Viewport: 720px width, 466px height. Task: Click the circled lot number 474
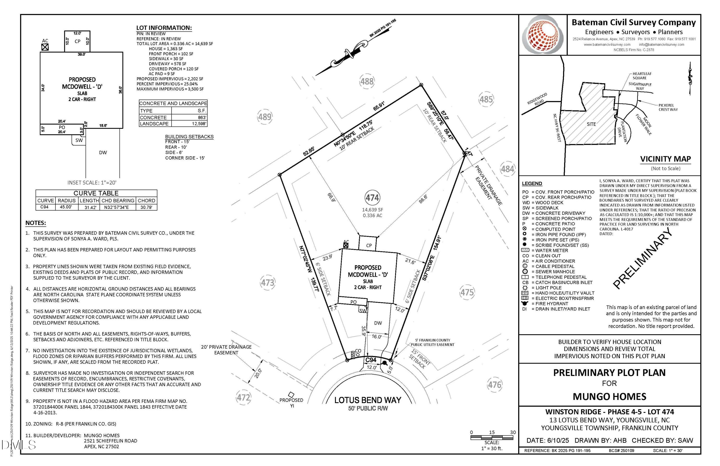pyautogui.click(x=372, y=198)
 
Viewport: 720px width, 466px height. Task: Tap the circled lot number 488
pyautogui.click(x=367, y=81)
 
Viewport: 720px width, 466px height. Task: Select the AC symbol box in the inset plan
pyautogui.click(x=45, y=47)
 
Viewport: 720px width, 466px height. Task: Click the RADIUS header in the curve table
pyautogui.click(x=66, y=201)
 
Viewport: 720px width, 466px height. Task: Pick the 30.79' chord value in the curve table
pyautogui.click(x=146, y=207)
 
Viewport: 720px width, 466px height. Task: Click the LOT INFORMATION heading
pyautogui.click(x=164, y=28)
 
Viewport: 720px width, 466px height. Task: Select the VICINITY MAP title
pyautogui.click(x=665, y=159)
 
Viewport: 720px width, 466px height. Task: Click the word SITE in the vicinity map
pyautogui.click(x=591, y=124)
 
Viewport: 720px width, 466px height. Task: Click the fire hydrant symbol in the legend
pyautogui.click(x=525, y=303)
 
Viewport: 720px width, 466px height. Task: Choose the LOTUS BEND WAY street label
pyautogui.click(x=368, y=400)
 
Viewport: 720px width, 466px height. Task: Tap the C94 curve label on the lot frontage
pyautogui.click(x=371, y=360)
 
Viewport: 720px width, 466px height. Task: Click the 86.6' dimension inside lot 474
pyautogui.click(x=423, y=199)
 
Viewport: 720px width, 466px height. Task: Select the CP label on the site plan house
pyautogui.click(x=369, y=245)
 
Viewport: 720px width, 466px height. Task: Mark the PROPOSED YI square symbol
pyautogui.click(x=291, y=395)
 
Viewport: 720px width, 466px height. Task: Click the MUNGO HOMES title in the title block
pyautogui.click(x=609, y=396)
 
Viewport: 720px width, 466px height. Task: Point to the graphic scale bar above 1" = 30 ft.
pyautogui.click(x=492, y=437)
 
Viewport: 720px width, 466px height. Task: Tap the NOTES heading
pyautogui.click(x=35, y=223)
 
